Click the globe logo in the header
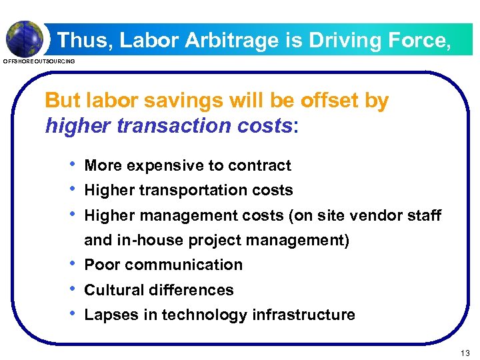(x=25, y=38)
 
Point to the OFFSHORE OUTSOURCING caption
(x=39, y=61)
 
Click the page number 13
(x=465, y=352)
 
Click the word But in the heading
(x=62, y=101)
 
